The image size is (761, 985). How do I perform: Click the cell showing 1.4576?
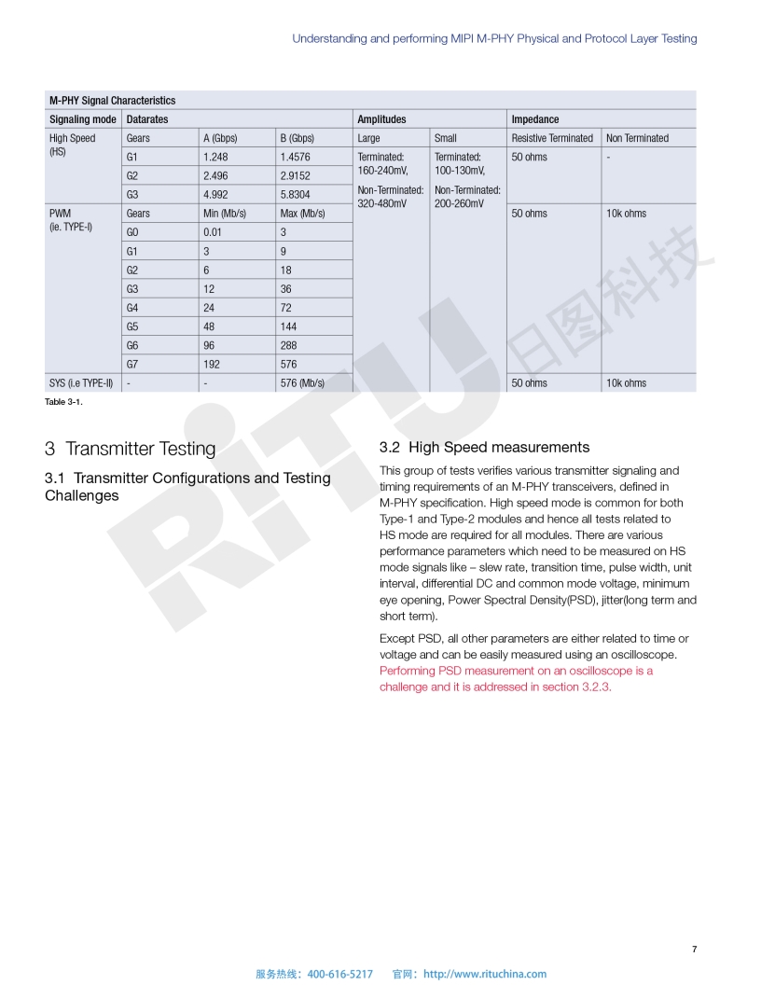click(x=295, y=157)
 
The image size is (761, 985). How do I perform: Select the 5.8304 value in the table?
click(x=295, y=194)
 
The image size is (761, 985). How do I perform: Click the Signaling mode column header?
click(x=83, y=119)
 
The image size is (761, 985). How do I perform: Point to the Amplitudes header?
click(x=381, y=119)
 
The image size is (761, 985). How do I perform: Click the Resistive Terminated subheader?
click(x=552, y=138)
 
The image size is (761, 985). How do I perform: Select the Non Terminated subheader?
click(x=637, y=138)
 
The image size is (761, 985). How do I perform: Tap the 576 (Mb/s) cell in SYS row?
click(x=302, y=382)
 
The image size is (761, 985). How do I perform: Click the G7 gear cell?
click(x=132, y=364)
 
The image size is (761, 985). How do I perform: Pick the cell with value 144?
click(x=289, y=326)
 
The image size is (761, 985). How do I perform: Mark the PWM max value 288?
click(x=289, y=345)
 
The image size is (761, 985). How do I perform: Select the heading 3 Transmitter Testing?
click(x=130, y=449)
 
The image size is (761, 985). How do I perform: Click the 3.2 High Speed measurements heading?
click(x=484, y=448)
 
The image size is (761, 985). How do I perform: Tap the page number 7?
click(x=694, y=950)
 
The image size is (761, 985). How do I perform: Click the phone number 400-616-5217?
click(x=339, y=974)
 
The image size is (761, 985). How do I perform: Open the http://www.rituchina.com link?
click(x=485, y=974)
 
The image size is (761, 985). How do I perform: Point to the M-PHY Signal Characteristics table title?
click(x=112, y=100)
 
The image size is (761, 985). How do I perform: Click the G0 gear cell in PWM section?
click(x=132, y=232)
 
